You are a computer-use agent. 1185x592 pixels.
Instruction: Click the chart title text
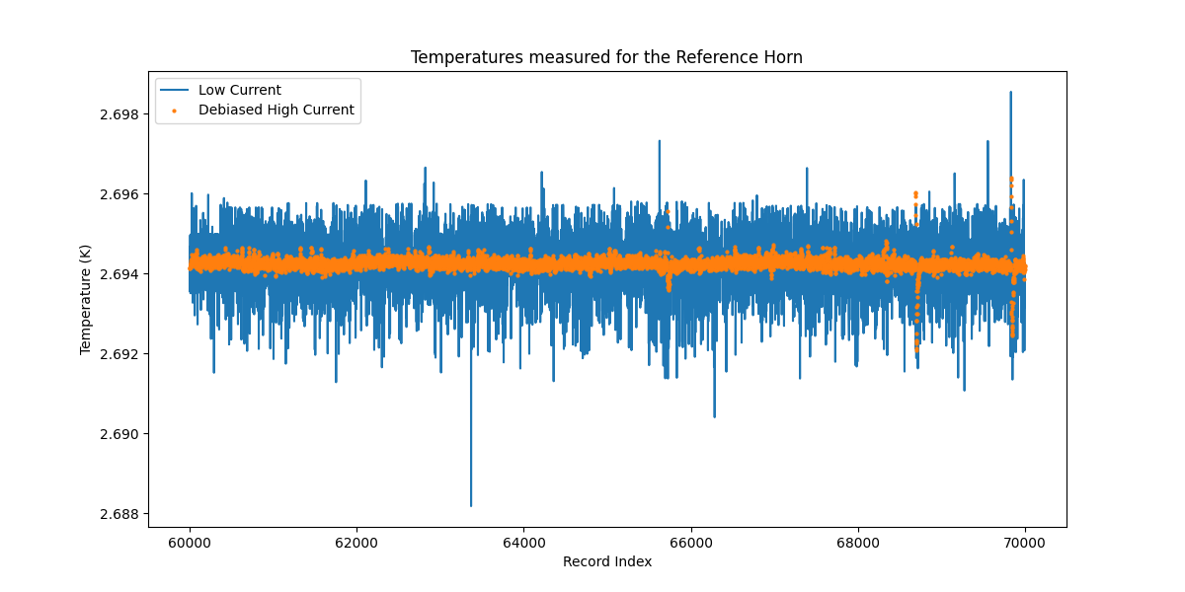[606, 57]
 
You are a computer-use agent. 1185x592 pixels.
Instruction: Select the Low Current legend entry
[239, 91]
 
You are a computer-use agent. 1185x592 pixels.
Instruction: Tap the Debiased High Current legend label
[276, 111]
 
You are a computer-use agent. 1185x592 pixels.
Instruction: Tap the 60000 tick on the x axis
[190, 543]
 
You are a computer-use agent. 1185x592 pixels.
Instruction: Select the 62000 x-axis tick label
[356, 543]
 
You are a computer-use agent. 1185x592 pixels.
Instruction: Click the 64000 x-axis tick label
[523, 543]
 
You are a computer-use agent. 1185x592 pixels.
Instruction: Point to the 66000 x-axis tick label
[691, 543]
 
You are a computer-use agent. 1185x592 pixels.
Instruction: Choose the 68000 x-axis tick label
[858, 543]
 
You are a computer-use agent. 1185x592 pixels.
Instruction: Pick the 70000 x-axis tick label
[1025, 543]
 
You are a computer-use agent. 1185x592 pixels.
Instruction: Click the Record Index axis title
[606, 562]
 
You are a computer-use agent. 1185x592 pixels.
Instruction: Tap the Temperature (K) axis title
[86, 300]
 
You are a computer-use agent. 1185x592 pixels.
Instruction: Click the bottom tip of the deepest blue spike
[471, 505]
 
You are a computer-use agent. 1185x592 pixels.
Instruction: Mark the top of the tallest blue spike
[1010, 92]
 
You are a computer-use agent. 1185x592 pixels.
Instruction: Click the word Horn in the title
[784, 57]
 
